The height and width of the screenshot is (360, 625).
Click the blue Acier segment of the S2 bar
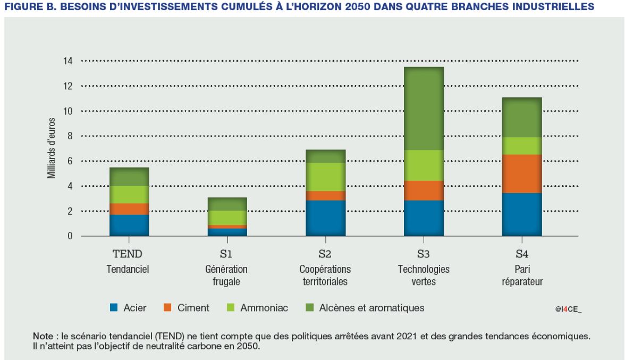[326, 218]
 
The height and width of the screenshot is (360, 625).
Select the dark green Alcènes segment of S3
[424, 108]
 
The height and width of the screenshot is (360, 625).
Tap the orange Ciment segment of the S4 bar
[522, 173]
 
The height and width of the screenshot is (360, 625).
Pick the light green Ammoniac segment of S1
[227, 217]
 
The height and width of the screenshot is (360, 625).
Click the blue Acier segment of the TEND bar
[129, 225]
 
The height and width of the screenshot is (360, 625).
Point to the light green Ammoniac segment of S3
[424, 165]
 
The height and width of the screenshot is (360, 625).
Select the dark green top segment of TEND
[129, 177]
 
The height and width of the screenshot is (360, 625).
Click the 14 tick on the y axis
[69, 61]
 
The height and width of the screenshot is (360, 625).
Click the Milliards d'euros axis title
[52, 148]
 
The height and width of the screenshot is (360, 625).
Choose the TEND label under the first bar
[129, 254]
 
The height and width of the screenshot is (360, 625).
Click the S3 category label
[424, 254]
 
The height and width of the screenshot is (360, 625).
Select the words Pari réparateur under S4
[522, 275]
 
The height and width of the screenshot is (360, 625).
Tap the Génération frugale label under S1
[226, 275]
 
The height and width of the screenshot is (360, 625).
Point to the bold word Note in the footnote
[43, 336]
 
